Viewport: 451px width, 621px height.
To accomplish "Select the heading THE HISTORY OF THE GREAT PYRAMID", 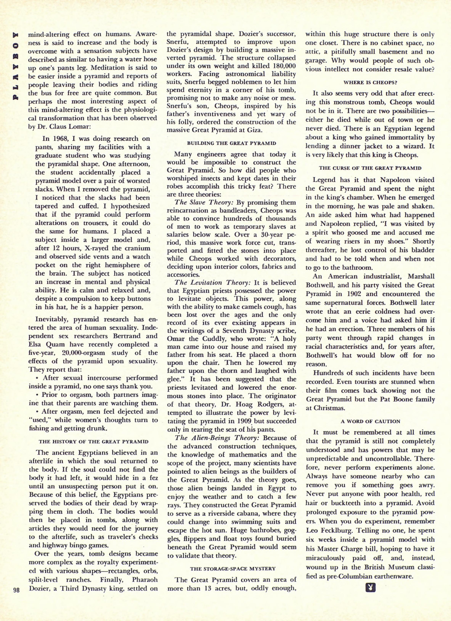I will point(93,442).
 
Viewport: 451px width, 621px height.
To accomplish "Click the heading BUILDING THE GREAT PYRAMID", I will point(231,143).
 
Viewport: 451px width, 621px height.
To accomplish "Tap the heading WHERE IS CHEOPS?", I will point(370,82).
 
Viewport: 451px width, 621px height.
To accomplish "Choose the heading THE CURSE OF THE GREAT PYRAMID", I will point(370,168).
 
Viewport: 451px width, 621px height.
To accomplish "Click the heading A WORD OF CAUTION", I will point(370,421).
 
